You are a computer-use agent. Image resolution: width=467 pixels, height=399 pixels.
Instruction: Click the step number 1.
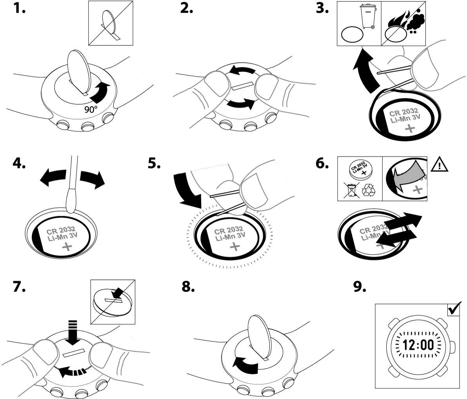point(18,9)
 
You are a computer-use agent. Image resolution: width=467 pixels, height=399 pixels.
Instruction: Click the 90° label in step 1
point(92,109)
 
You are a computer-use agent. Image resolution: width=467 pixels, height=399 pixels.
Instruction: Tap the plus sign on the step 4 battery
point(67,247)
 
